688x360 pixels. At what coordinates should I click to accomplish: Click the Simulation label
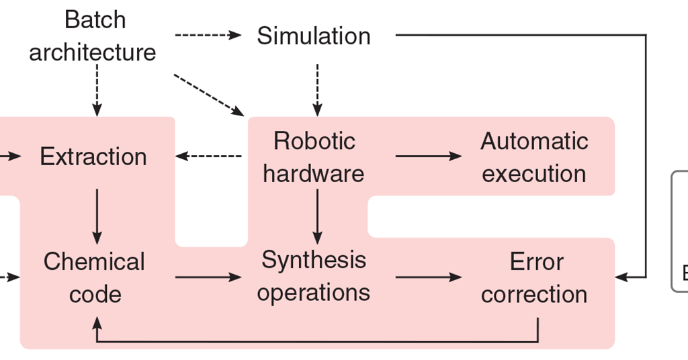314,36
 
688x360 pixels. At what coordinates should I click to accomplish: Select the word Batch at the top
95,19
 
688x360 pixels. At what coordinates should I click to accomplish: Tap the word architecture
93,52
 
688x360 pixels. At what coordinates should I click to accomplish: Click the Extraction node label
93,156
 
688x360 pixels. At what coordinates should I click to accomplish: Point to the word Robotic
314,141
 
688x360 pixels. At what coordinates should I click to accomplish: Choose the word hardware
314,173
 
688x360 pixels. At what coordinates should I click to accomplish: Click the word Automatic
534,141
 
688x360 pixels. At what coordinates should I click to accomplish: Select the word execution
534,173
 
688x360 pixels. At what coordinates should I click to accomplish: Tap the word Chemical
94,261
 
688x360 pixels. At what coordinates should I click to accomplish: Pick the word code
95,294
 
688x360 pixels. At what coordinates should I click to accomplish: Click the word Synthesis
314,260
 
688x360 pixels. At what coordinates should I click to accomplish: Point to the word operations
314,293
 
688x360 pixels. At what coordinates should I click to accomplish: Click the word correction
534,294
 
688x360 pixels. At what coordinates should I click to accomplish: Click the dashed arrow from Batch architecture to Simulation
207,35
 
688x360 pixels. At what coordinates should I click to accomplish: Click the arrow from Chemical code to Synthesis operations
208,277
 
